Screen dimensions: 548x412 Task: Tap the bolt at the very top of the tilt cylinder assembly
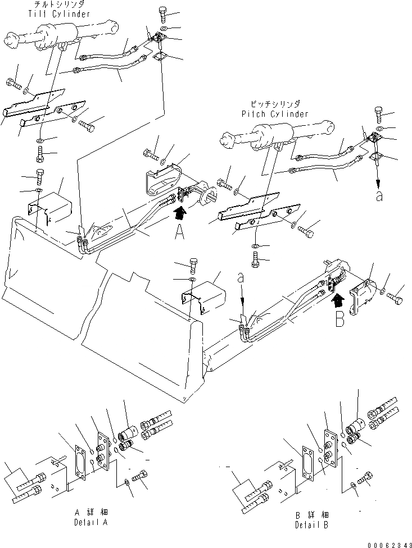[163, 12]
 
